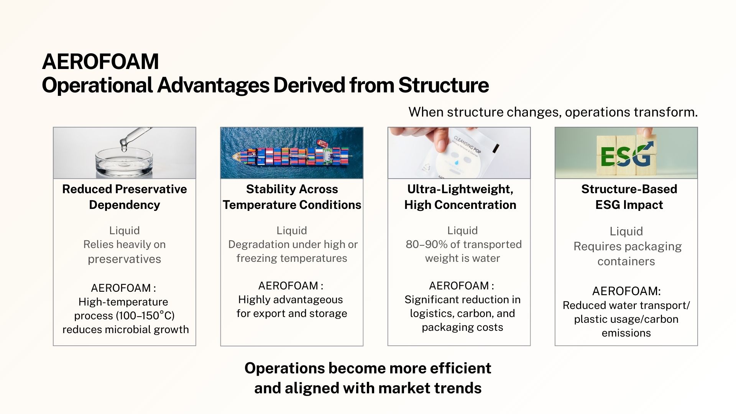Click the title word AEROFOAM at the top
pyautogui.click(x=100, y=61)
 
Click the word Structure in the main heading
pyautogui.click(x=444, y=85)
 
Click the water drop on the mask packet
pyautogui.click(x=456, y=163)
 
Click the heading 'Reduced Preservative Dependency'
pyautogui.click(x=125, y=197)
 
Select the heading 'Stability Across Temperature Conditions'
pyautogui.click(x=292, y=197)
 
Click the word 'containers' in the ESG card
pyautogui.click(x=626, y=261)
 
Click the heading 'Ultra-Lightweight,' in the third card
pyautogui.click(x=460, y=189)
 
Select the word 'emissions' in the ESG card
pyautogui.click(x=626, y=333)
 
